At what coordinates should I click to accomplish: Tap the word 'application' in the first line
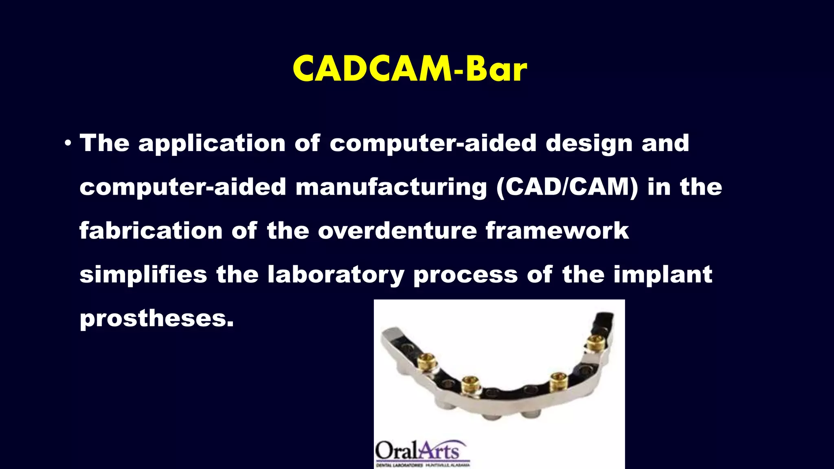(212, 143)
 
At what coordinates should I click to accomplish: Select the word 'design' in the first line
(589, 143)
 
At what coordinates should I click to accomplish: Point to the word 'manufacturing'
(391, 187)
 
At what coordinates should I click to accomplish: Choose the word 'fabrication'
(151, 230)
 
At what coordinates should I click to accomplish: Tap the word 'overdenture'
(397, 230)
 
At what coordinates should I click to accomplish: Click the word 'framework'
(557, 230)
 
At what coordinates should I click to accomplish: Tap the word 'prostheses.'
(157, 318)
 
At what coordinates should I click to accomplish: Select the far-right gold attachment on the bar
(596, 343)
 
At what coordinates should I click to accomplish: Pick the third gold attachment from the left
(559, 382)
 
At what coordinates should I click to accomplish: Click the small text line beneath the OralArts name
(423, 465)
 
